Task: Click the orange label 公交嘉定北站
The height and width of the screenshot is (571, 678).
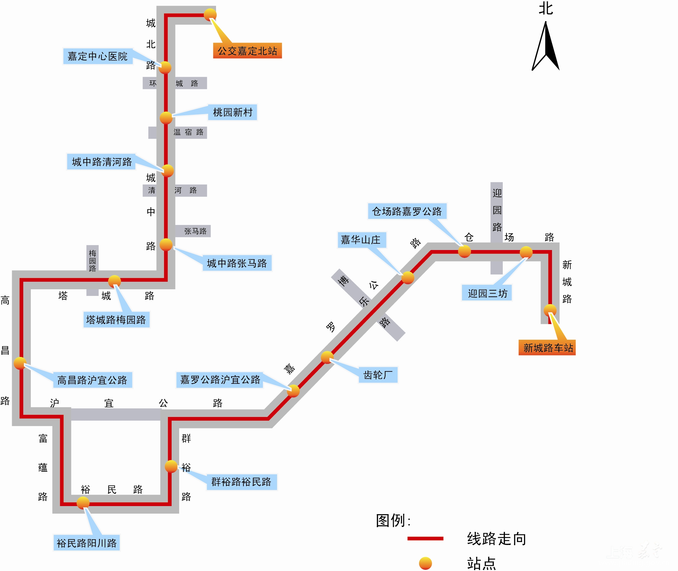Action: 247,50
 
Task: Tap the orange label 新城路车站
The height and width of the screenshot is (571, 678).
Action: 547,348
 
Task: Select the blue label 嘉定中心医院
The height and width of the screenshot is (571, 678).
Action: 98,56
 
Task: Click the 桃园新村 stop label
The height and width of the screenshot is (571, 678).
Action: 232,112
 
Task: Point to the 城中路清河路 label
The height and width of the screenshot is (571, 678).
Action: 102,162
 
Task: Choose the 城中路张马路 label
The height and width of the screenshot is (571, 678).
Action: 237,263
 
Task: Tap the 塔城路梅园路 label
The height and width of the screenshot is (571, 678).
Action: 116,319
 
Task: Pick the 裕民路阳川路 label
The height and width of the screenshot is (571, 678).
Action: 86,543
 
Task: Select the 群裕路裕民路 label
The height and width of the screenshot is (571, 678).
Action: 241,482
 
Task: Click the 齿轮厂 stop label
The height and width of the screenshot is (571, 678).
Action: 378,375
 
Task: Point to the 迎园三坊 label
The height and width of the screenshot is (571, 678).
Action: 487,293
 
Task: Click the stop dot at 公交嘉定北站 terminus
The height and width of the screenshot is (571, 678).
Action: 210,14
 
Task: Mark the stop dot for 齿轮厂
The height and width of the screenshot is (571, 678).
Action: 327,357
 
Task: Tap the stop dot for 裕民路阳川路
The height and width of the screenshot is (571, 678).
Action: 83,503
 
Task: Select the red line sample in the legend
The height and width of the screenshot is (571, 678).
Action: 425,539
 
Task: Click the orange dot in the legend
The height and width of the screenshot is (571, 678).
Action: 425,563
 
